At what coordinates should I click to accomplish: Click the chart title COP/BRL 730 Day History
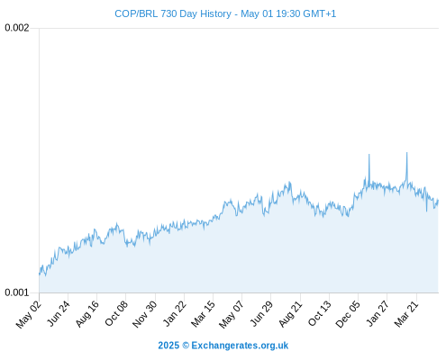(173, 13)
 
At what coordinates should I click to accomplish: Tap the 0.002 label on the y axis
(17, 28)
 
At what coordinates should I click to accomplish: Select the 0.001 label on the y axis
(17, 292)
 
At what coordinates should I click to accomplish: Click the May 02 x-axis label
(29, 314)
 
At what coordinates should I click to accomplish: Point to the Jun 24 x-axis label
(59, 313)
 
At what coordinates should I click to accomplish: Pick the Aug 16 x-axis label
(87, 314)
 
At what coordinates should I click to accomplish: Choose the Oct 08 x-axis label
(116, 313)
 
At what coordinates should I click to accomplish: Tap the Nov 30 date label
(145, 314)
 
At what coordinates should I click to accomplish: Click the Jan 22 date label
(175, 313)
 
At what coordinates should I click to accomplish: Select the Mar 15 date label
(204, 314)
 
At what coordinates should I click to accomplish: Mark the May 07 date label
(232, 314)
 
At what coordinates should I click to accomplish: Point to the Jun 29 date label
(262, 313)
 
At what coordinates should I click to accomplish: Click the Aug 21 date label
(291, 314)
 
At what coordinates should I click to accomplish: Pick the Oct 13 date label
(320, 313)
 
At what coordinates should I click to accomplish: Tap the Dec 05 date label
(348, 314)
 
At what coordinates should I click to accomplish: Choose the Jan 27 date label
(378, 313)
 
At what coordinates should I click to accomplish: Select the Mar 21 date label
(406, 314)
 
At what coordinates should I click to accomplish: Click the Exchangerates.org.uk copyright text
(223, 346)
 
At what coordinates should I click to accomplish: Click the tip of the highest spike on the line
(407, 152)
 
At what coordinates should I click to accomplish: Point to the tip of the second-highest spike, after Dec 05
(369, 154)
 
